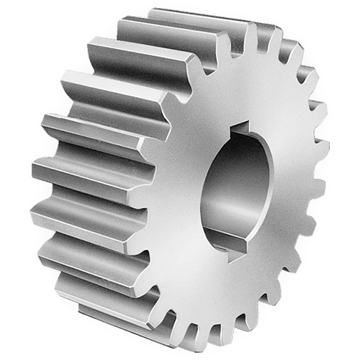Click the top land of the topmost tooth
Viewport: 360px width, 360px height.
point(194,16)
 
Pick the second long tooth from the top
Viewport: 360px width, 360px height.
point(137,54)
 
